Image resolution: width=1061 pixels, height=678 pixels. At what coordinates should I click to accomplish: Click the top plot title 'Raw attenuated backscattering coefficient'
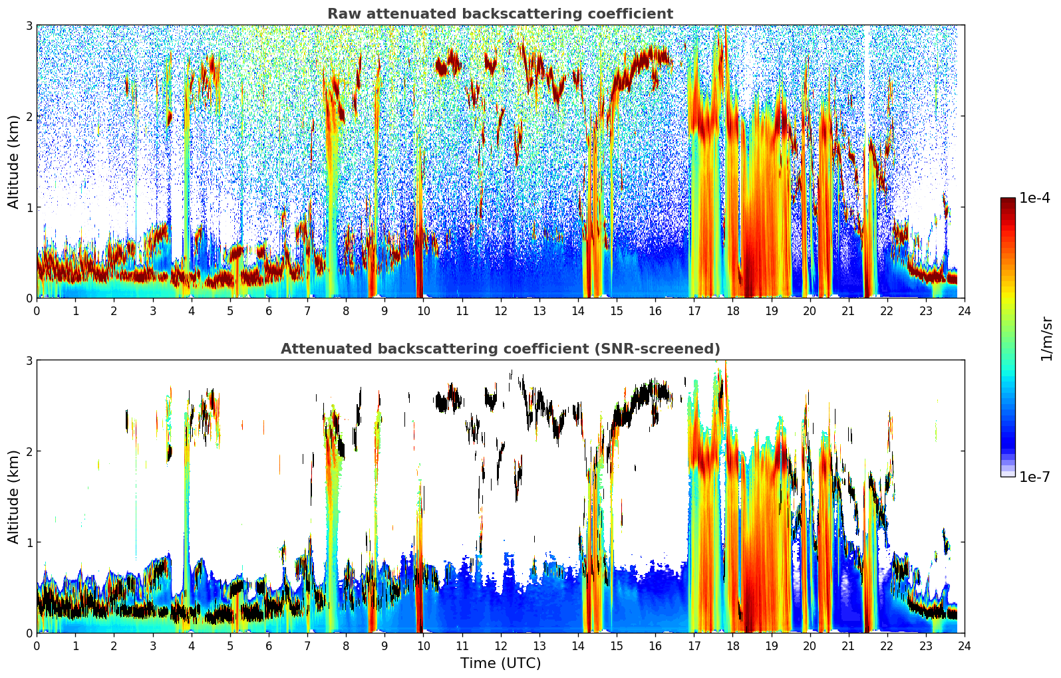tap(500, 14)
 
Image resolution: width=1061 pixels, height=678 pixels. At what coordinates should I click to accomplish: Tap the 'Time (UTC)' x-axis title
tap(500, 663)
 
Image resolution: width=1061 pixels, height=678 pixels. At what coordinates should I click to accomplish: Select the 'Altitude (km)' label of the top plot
tap(13, 162)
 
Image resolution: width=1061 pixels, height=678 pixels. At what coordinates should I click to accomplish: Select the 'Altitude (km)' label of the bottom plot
tap(13, 497)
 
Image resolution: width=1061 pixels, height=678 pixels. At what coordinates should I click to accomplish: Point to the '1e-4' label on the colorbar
tap(1034, 198)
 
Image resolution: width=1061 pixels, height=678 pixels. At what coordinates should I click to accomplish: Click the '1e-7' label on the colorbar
tap(1034, 477)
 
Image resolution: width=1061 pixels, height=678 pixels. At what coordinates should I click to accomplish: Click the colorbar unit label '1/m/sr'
tap(1046, 338)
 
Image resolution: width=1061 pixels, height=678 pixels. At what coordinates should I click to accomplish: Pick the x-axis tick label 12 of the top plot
tap(500, 311)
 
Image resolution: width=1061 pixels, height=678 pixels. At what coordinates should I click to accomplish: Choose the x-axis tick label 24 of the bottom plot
tap(964, 646)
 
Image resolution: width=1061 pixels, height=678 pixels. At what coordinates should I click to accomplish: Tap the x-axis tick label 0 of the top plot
tap(37, 311)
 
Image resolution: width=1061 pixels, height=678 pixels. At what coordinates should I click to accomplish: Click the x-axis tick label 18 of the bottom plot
tap(732, 646)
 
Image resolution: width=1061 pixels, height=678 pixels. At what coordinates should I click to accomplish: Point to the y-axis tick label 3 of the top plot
tap(29, 25)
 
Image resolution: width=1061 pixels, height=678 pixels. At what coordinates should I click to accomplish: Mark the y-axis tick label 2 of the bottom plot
tap(29, 451)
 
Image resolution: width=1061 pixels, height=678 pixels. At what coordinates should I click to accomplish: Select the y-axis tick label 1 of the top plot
tap(29, 207)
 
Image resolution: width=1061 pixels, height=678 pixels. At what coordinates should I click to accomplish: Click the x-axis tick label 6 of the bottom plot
tap(269, 646)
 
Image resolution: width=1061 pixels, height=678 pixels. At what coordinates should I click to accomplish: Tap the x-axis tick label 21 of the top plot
tap(848, 311)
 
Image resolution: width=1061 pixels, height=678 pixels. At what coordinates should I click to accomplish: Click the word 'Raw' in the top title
tap(341, 14)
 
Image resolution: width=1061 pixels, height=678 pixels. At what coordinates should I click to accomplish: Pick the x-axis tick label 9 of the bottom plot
tap(384, 646)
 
